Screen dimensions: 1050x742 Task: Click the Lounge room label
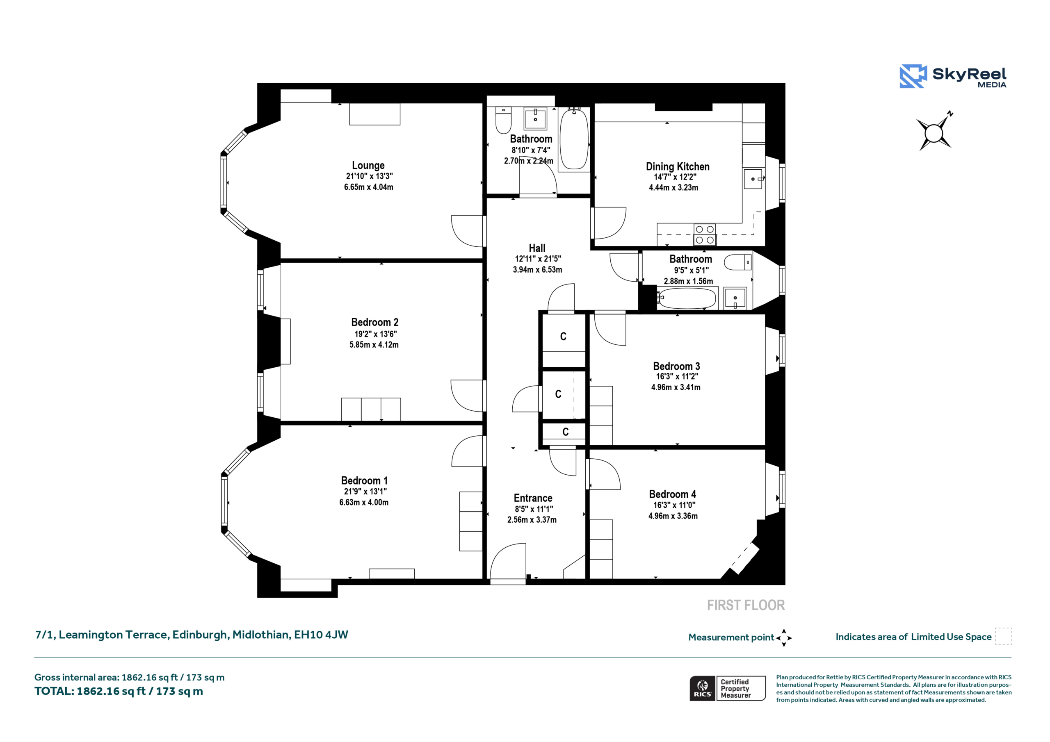(368, 166)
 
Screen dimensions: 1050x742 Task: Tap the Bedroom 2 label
(374, 322)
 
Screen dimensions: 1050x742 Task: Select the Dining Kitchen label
(677, 166)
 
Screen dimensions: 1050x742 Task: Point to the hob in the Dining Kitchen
(704, 234)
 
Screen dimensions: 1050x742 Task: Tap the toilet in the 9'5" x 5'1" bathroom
(737, 262)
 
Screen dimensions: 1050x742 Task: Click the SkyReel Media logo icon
(913, 76)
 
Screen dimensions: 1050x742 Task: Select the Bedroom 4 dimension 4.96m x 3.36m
(673, 516)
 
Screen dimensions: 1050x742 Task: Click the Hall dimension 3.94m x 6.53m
(537, 270)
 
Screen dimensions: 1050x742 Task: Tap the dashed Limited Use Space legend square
(1004, 636)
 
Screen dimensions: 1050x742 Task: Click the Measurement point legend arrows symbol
(784, 638)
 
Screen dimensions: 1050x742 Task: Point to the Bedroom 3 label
(676, 366)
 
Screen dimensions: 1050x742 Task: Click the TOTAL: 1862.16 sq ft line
(119, 691)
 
